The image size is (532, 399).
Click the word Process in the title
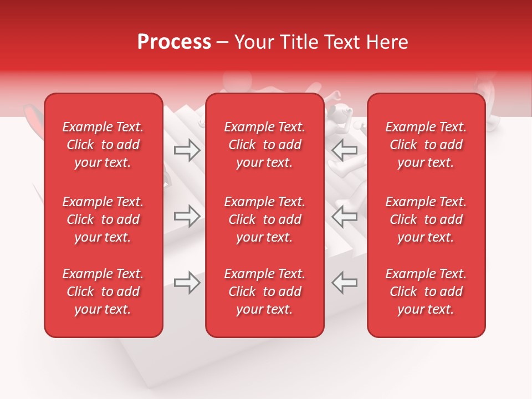(x=174, y=42)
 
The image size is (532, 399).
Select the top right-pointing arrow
(x=187, y=150)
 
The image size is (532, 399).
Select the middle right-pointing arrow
(x=187, y=216)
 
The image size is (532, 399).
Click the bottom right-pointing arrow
(x=187, y=283)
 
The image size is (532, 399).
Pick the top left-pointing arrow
(x=345, y=150)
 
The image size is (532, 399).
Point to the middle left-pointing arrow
(x=345, y=216)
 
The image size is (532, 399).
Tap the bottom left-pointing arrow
(x=345, y=283)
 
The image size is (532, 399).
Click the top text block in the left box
(x=103, y=145)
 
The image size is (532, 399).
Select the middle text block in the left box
(x=103, y=219)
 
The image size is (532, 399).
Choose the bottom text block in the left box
(x=103, y=291)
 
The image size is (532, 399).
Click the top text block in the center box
(x=265, y=145)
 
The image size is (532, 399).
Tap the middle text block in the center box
(x=265, y=219)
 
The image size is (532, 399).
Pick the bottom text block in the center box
(x=265, y=291)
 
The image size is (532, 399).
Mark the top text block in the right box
(x=426, y=145)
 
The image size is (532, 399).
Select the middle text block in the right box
(x=426, y=219)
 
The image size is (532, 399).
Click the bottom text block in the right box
(x=426, y=291)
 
